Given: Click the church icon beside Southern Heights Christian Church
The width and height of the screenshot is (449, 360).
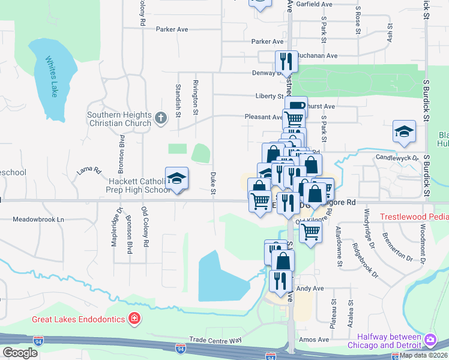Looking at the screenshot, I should [x=160, y=118].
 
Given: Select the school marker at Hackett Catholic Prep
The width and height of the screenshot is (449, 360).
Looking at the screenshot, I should [x=176, y=178].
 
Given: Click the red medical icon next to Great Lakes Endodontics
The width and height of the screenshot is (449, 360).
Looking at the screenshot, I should [x=135, y=318].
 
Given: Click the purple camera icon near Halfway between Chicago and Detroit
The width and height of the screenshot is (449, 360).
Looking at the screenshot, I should [x=430, y=340].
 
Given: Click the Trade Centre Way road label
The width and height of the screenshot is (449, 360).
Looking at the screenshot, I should [x=215, y=340].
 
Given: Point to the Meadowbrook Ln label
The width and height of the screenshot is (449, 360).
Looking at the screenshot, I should [x=38, y=220].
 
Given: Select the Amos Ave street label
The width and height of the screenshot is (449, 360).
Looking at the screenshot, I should [x=315, y=340].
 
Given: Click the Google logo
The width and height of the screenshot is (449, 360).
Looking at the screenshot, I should [x=20, y=353].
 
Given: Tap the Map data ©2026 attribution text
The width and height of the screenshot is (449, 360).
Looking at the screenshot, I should [x=424, y=355].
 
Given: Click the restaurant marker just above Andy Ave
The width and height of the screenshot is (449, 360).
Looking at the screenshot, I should [x=280, y=280].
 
